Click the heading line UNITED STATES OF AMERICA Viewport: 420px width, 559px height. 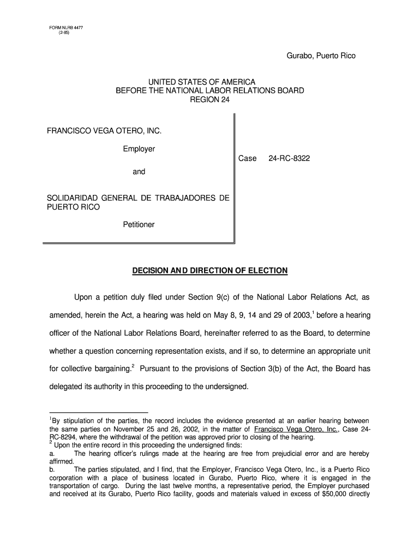(x=210, y=82)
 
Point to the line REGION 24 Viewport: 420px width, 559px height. (x=210, y=99)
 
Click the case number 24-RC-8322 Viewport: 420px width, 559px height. (x=289, y=158)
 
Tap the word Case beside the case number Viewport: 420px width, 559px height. (x=247, y=158)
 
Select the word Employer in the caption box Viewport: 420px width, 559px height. (x=139, y=149)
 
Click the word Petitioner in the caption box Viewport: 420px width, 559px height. (x=139, y=224)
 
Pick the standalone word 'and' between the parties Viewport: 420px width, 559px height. (x=139, y=171)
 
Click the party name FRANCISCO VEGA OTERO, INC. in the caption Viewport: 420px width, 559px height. (x=105, y=131)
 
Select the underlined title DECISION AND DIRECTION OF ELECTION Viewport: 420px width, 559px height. (x=210, y=270)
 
